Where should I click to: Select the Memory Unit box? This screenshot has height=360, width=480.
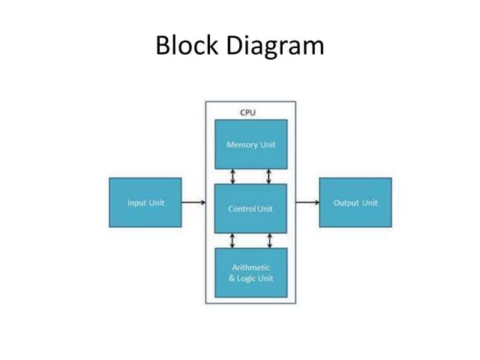[x=250, y=144]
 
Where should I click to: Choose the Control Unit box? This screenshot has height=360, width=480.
[x=250, y=207]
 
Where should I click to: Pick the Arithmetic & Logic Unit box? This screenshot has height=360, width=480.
[x=250, y=273]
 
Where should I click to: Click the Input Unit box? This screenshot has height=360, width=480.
[x=145, y=202]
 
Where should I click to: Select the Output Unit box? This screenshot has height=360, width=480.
[x=355, y=202]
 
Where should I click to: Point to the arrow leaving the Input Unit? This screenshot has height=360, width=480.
[x=193, y=202]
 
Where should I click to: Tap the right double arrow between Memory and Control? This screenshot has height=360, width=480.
[x=268, y=175]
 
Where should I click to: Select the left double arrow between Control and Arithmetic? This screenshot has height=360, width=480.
[x=232, y=240]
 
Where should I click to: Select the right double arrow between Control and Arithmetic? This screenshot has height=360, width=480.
[x=268, y=240]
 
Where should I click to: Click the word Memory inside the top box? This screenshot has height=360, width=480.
[x=241, y=144]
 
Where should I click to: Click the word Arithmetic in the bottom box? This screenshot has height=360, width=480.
[x=250, y=268]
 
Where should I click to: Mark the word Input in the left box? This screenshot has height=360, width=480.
[x=136, y=202]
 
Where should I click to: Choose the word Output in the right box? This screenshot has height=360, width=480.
[x=346, y=202]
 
